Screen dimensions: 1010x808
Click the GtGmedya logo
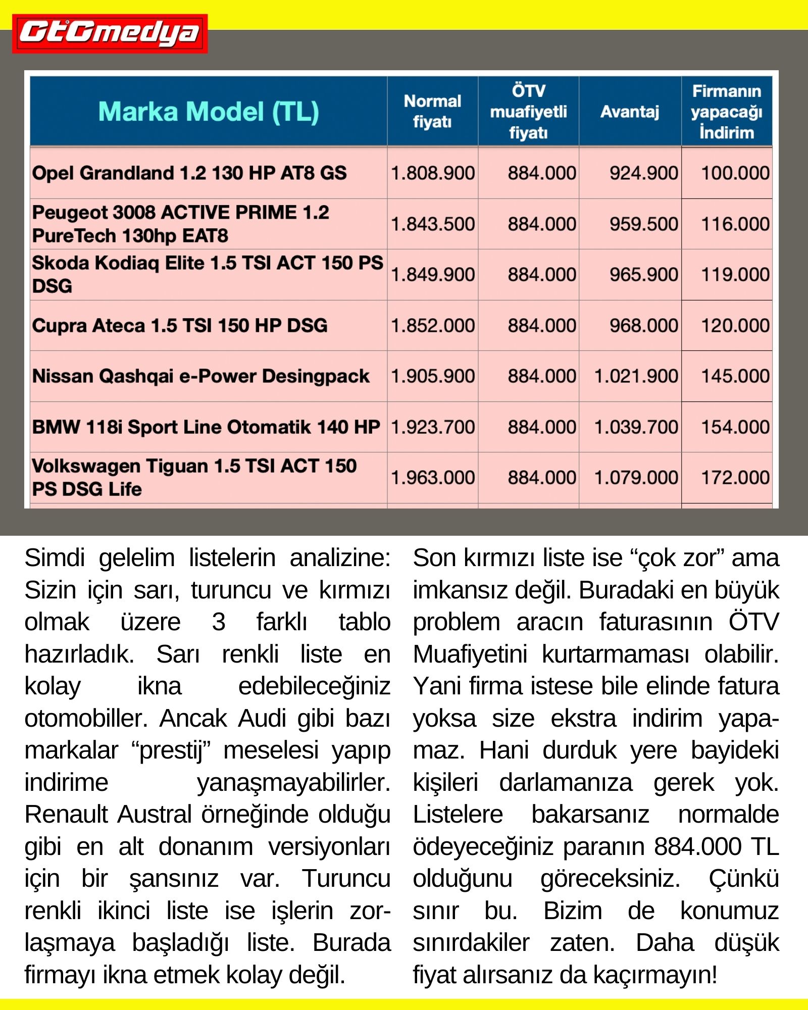[110, 33]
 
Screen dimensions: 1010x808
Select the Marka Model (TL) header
[209, 112]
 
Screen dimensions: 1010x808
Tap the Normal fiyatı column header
[432, 112]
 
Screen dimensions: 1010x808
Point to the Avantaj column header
[630, 112]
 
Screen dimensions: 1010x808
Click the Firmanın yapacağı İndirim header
[727, 112]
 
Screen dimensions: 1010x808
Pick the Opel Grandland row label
[189, 173]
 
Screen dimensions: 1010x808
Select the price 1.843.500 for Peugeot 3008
[433, 224]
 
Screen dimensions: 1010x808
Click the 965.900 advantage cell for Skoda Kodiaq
[643, 275]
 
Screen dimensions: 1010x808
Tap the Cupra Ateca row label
[180, 326]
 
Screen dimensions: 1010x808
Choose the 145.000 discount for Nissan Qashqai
[735, 376]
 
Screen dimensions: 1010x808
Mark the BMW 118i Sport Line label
[206, 427]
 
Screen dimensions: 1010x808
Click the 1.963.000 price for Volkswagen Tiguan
[433, 478]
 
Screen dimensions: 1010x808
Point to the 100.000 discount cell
[735, 173]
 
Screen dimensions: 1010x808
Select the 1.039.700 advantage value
[636, 427]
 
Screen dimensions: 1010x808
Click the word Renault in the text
[66, 815]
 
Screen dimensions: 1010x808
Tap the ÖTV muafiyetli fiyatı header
[528, 112]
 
